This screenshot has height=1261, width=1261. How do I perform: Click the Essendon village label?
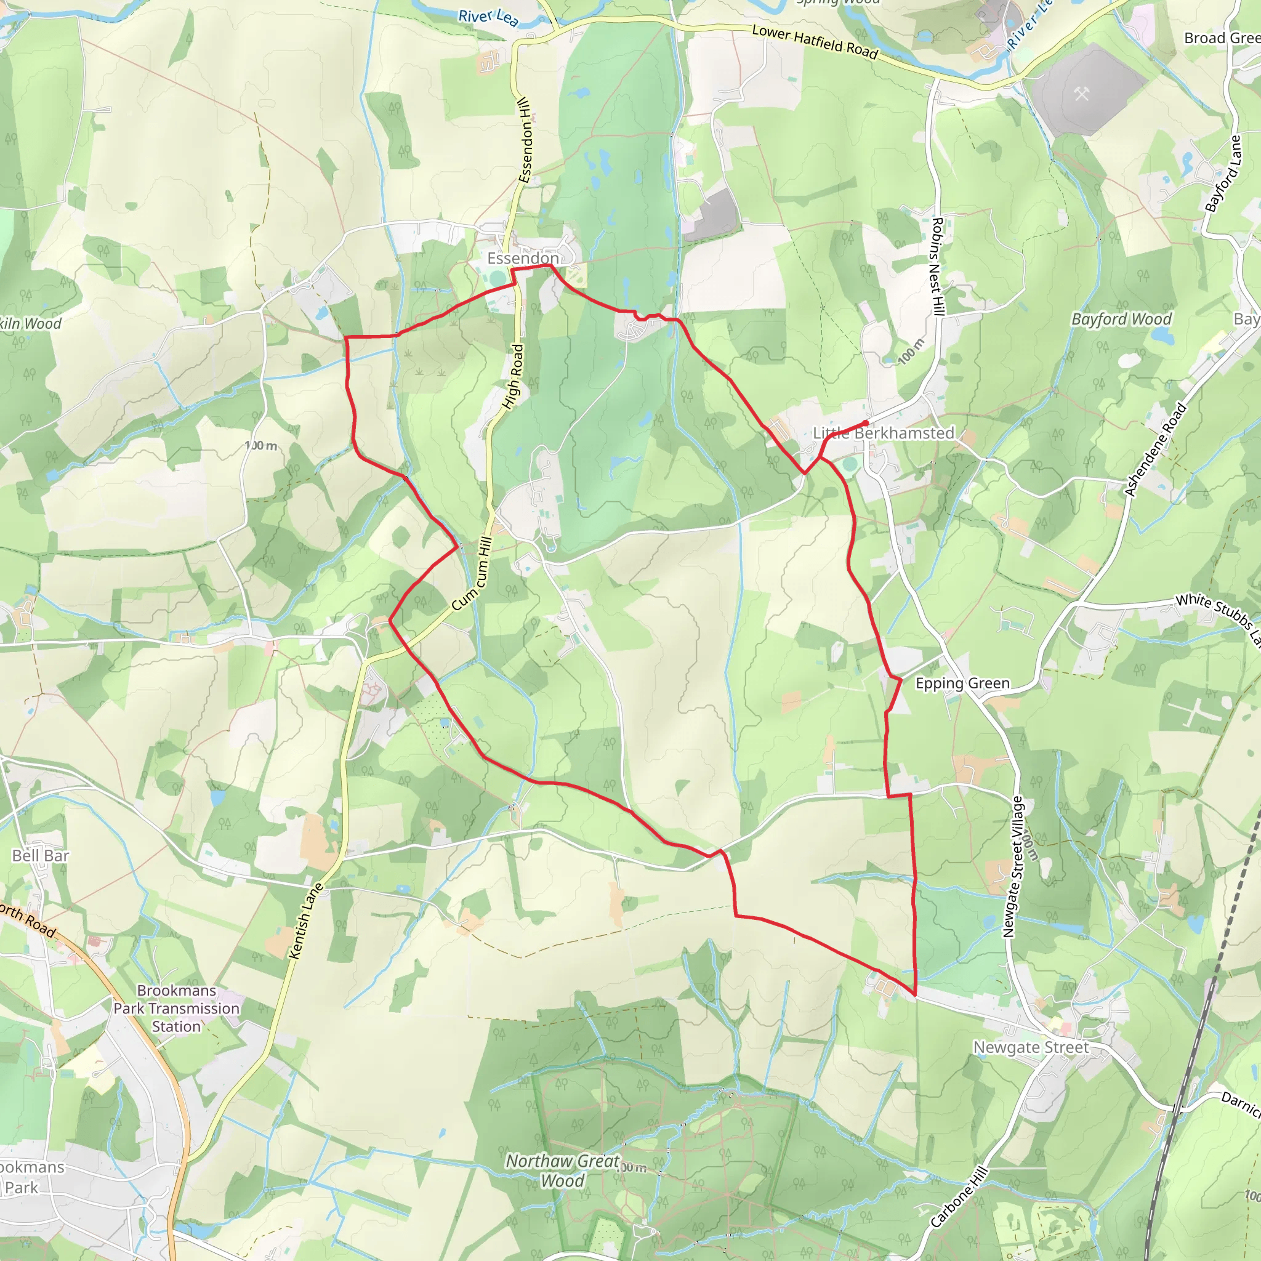(x=522, y=259)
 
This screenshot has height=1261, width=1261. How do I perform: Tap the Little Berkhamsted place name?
(x=883, y=433)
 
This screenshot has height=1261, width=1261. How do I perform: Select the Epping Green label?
(x=962, y=683)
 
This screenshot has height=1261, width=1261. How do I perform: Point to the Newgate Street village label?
(x=1031, y=1047)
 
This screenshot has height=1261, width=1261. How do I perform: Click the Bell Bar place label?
(x=41, y=856)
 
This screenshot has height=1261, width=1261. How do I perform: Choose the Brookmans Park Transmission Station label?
(x=176, y=1009)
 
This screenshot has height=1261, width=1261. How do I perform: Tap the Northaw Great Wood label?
(x=562, y=1171)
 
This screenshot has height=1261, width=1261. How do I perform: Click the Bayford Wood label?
(x=1121, y=319)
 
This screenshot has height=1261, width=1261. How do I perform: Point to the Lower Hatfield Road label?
(x=815, y=41)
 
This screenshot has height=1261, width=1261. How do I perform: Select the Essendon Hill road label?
(x=526, y=140)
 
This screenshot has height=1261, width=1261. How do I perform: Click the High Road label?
(x=514, y=377)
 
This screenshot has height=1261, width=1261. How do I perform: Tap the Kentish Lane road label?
(x=306, y=921)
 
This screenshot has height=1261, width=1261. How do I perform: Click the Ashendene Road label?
(x=1155, y=449)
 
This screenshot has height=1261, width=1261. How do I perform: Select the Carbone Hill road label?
(x=959, y=1197)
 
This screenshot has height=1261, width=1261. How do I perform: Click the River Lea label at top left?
(x=488, y=18)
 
